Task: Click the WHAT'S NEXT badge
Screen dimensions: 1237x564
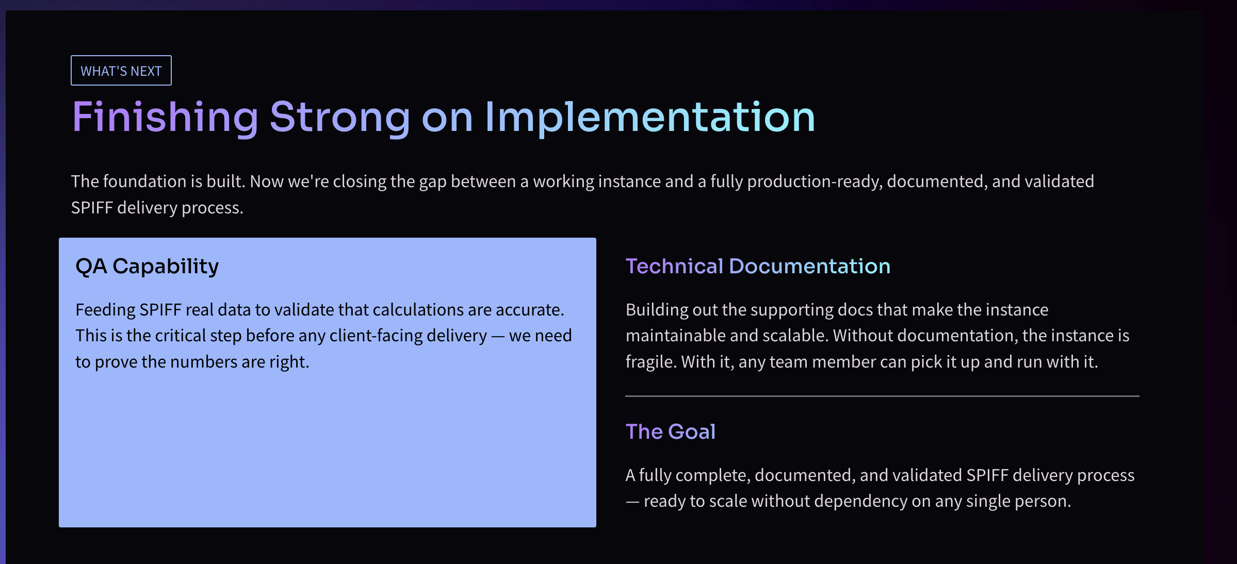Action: [x=121, y=71]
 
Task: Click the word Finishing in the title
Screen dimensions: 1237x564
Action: [x=165, y=118]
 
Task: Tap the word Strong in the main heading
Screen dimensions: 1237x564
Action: [x=340, y=118]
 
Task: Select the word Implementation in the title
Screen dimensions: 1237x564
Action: [x=650, y=118]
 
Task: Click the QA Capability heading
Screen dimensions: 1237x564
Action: [x=147, y=267]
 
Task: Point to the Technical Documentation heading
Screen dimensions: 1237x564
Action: [x=758, y=267]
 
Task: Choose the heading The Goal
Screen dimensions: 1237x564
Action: [x=671, y=432]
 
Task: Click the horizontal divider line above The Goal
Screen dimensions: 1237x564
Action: [x=882, y=396]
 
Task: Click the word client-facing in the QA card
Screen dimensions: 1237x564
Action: [x=408, y=336]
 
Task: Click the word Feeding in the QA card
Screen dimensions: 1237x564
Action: [x=105, y=310]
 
